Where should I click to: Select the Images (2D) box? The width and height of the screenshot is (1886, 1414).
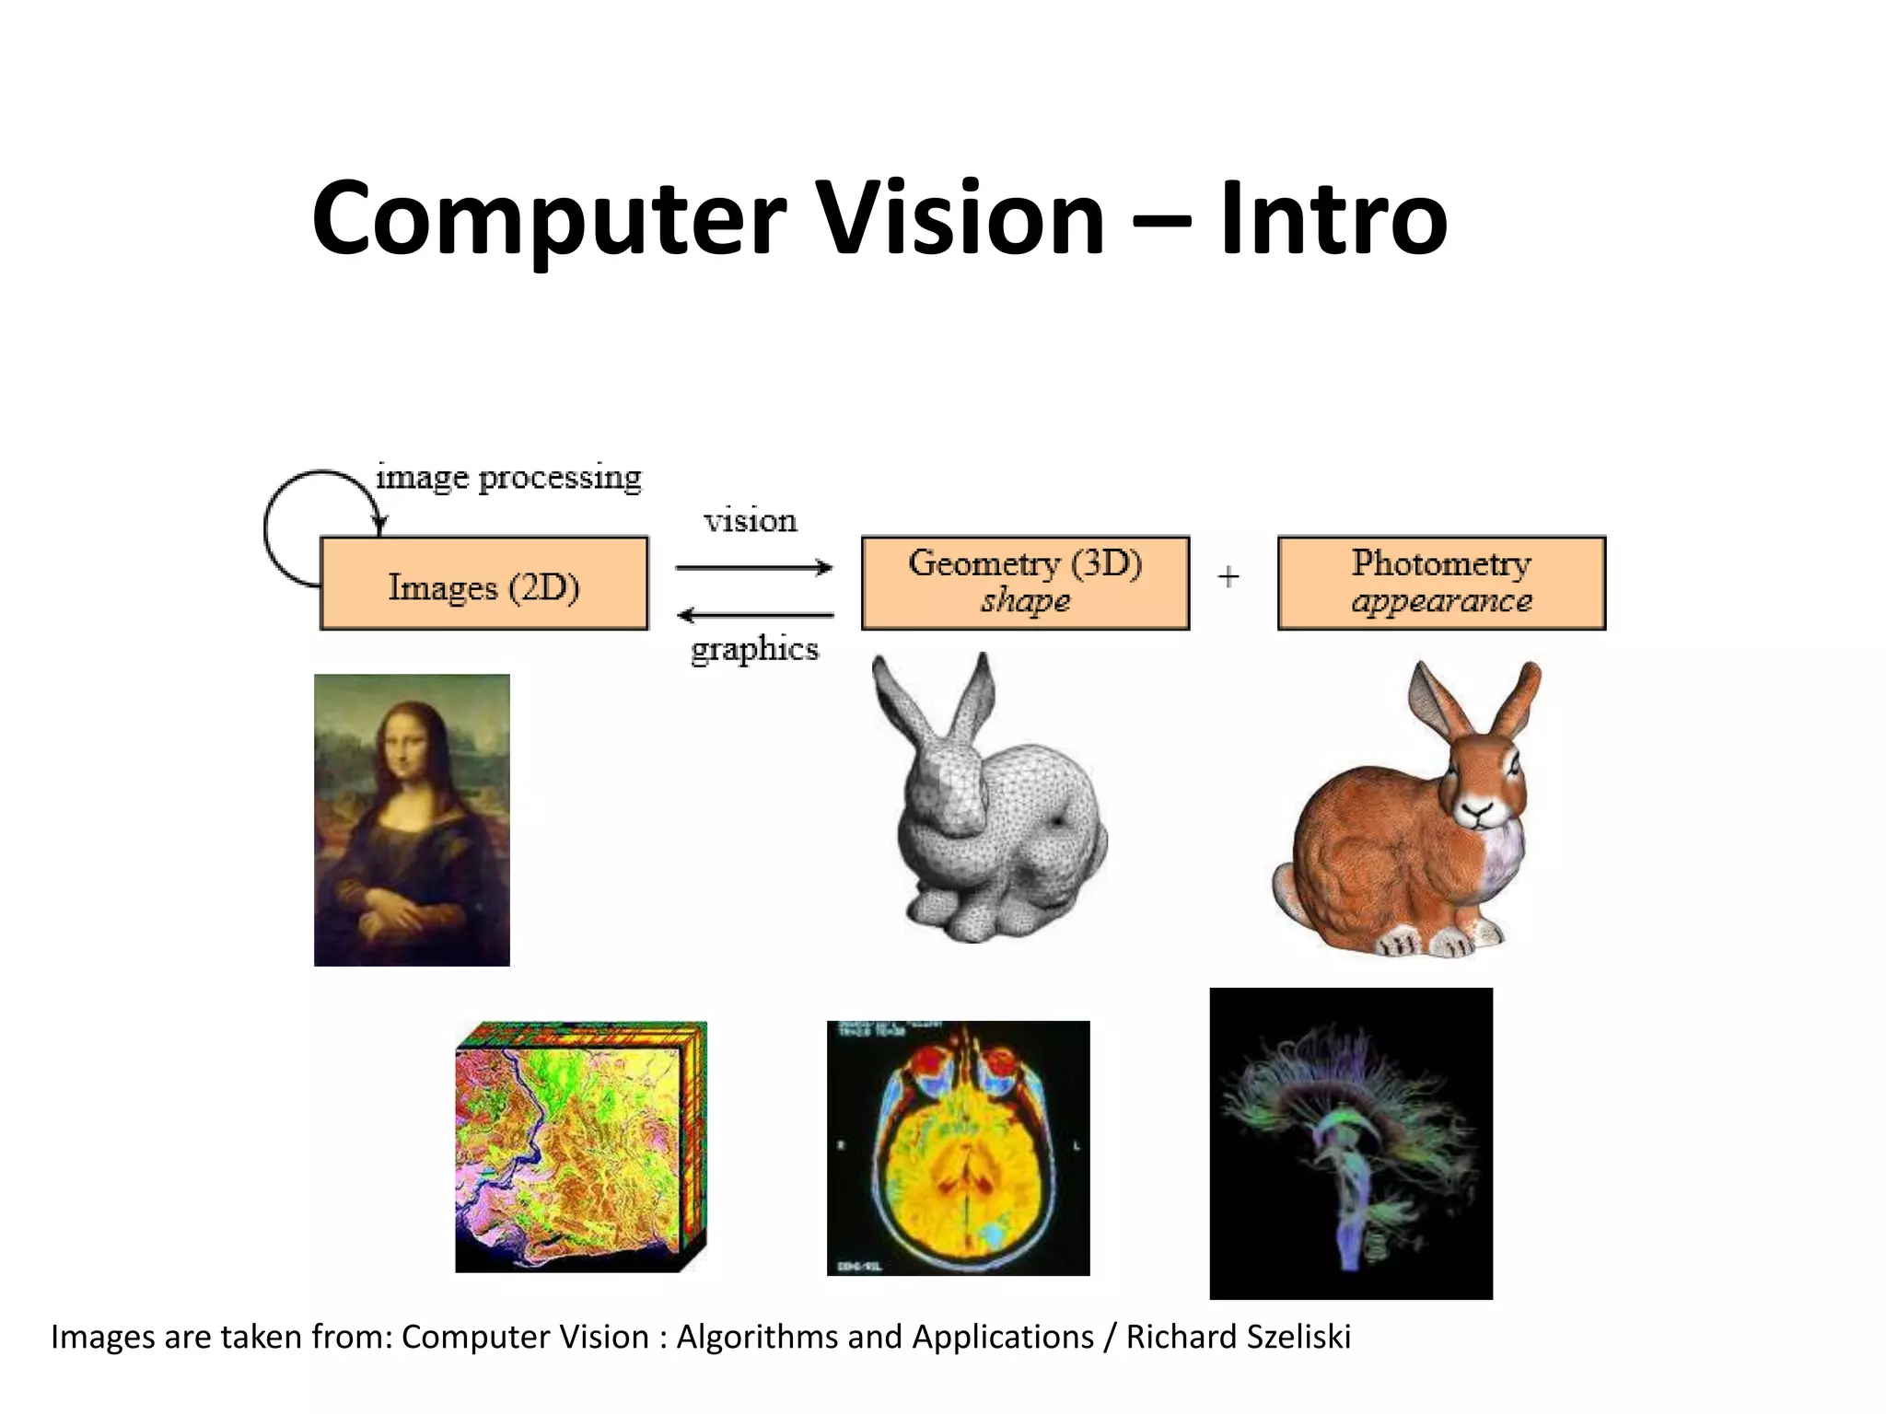[x=484, y=584]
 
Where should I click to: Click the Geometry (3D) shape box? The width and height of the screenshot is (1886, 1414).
[x=1025, y=583]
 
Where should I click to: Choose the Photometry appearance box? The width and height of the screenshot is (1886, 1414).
[x=1441, y=583]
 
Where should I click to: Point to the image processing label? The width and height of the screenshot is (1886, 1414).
[x=508, y=478]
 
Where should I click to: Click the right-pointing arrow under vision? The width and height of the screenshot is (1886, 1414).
[x=753, y=568]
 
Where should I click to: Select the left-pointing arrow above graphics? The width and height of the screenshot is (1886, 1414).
[x=755, y=614]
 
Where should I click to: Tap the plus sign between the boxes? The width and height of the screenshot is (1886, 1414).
[x=1228, y=577]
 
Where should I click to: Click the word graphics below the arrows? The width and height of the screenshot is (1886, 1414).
[x=754, y=650]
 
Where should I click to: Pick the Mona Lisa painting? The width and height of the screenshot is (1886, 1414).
[x=412, y=819]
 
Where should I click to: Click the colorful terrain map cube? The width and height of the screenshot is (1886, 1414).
[x=580, y=1147]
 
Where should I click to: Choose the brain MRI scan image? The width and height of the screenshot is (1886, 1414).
[x=958, y=1148]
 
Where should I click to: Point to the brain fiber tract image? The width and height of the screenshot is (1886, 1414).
[x=1350, y=1143]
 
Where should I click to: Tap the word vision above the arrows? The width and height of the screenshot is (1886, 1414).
[x=751, y=521]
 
